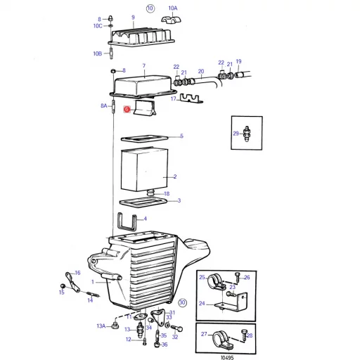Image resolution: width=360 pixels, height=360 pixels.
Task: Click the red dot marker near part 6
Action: pyautogui.click(x=126, y=109)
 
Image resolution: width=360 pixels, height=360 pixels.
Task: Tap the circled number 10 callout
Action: pyautogui.click(x=150, y=8)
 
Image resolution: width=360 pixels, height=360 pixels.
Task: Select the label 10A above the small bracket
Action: pyautogui.click(x=173, y=8)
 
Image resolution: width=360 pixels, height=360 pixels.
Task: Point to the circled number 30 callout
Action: pyautogui.click(x=182, y=303)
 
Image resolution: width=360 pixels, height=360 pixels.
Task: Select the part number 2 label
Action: pyautogui.click(x=174, y=177)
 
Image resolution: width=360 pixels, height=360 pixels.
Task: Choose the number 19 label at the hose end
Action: pyautogui.click(x=238, y=62)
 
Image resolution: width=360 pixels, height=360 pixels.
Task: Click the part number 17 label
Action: pyautogui.click(x=174, y=100)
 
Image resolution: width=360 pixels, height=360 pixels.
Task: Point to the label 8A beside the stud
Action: pyautogui.click(x=104, y=106)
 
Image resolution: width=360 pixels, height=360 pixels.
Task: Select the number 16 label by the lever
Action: pyautogui.click(x=77, y=273)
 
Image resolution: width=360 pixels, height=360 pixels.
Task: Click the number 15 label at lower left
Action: pyautogui.click(x=61, y=292)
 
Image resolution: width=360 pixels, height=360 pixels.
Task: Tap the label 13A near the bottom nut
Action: pyautogui.click(x=101, y=326)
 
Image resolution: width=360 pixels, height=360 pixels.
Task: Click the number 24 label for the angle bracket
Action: pyautogui.click(x=201, y=304)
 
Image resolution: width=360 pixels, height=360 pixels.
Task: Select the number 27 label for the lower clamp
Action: pyautogui.click(x=204, y=335)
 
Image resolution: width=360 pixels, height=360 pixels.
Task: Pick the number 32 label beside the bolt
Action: pyautogui.click(x=175, y=337)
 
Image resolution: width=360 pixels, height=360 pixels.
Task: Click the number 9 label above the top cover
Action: pyautogui.click(x=133, y=16)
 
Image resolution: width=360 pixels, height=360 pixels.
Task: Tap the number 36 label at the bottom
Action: pyautogui.click(x=165, y=345)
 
